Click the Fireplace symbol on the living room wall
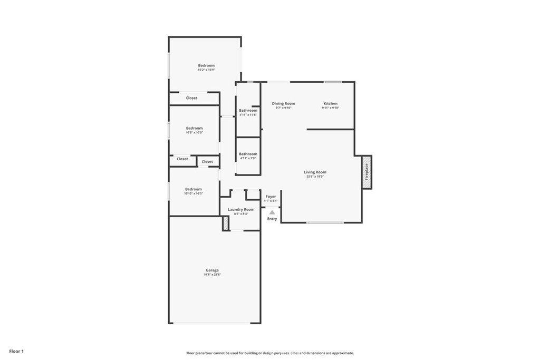click(x=367, y=172)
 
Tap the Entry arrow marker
click(x=272, y=212)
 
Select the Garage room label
click(x=212, y=270)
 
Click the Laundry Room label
click(x=241, y=209)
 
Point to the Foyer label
click(x=271, y=197)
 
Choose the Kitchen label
click(x=330, y=103)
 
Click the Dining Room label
click(x=283, y=103)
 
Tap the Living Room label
click(x=315, y=172)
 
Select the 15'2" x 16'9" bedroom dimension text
click(x=206, y=70)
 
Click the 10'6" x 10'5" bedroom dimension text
click(x=194, y=133)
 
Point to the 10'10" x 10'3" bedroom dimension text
click(x=193, y=193)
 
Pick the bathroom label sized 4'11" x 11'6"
click(x=248, y=111)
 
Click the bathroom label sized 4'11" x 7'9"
click(x=248, y=154)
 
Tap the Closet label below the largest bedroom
click(x=191, y=98)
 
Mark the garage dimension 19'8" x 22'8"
click(x=212, y=275)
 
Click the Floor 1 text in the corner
click(x=16, y=351)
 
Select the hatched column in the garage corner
click(x=226, y=223)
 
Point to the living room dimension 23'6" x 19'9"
click(x=315, y=177)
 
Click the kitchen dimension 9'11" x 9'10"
click(x=330, y=108)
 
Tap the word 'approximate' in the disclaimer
click(x=341, y=353)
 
